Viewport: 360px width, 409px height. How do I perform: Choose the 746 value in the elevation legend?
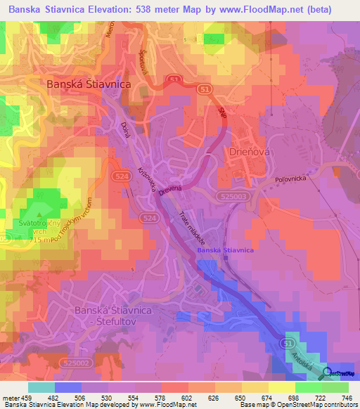tap(346, 397)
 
